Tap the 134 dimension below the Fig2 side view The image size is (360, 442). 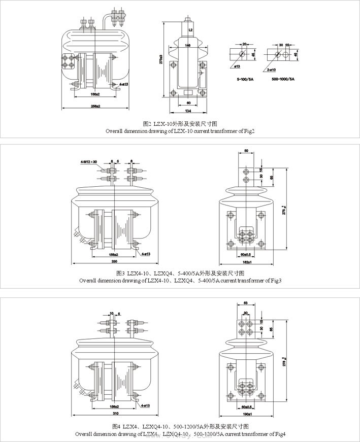(188, 111)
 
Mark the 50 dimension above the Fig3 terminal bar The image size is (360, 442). (246, 151)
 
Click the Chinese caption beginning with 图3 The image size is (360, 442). (180, 273)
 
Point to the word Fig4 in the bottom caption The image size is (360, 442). (280, 434)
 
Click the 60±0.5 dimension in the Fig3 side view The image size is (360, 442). (246, 254)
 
